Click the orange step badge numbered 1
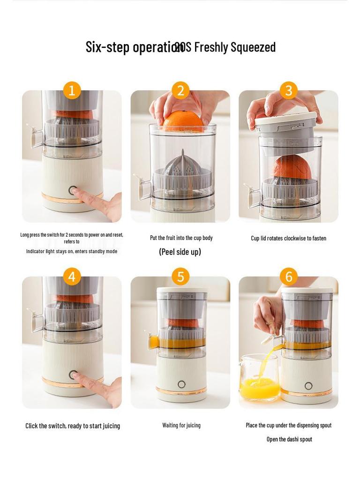click(x=72, y=90)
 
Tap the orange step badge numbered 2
click(x=180, y=90)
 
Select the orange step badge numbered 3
click(x=289, y=90)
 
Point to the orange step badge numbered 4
click(x=72, y=277)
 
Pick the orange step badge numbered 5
click(x=180, y=277)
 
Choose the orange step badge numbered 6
click(x=289, y=277)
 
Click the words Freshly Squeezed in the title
click(x=234, y=47)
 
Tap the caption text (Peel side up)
click(x=180, y=252)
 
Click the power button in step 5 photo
click(x=181, y=384)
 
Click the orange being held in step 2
click(x=183, y=121)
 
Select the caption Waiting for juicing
click(x=181, y=425)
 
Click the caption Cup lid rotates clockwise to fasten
click(x=288, y=238)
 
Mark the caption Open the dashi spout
click(x=289, y=439)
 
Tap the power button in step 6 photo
click(x=308, y=386)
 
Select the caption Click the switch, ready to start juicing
click(x=73, y=426)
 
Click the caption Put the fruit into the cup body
click(x=181, y=238)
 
